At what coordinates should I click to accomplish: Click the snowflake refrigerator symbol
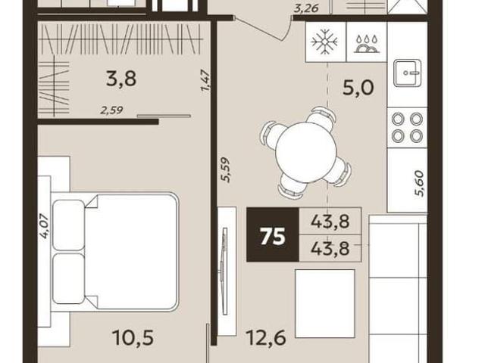coord(325,42)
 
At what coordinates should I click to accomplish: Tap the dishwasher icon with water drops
coord(367,44)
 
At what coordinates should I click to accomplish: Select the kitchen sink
coord(408,73)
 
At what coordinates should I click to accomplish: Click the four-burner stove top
coord(408,127)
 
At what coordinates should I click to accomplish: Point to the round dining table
coord(306,150)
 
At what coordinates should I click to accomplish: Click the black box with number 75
coord(273,234)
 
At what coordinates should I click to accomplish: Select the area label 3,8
coord(121,79)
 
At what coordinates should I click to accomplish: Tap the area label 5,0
coord(358,88)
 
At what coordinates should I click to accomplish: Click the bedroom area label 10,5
coord(133,337)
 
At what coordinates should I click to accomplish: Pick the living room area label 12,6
coord(266,337)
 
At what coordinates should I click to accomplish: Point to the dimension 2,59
coord(111,110)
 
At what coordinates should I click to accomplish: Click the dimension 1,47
coord(205,81)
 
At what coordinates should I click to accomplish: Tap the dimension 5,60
coord(421,183)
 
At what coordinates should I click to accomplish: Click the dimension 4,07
coord(44,226)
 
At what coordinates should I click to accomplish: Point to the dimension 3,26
coord(306,8)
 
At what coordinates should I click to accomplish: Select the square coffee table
coord(325,303)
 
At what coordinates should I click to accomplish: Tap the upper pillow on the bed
coord(69,225)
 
